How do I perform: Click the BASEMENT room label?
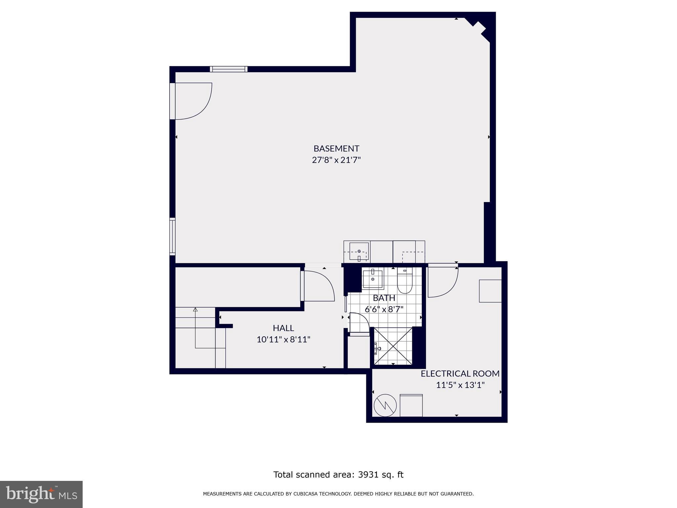tap(336, 148)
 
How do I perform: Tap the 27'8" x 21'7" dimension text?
tap(336, 160)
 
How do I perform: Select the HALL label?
tap(283, 328)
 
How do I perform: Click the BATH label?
tap(384, 298)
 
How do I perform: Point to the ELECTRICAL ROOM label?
tap(460, 374)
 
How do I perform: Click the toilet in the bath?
tap(405, 282)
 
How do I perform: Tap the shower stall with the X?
tap(393, 346)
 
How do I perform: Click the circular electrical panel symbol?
tap(385, 405)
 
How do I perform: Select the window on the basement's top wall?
tap(228, 69)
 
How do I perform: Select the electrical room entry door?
tap(442, 281)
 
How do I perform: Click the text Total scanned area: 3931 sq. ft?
tap(338, 475)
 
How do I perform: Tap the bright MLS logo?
tap(41, 494)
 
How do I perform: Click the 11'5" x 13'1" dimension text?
tap(460, 385)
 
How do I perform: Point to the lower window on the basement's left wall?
tap(172, 236)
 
